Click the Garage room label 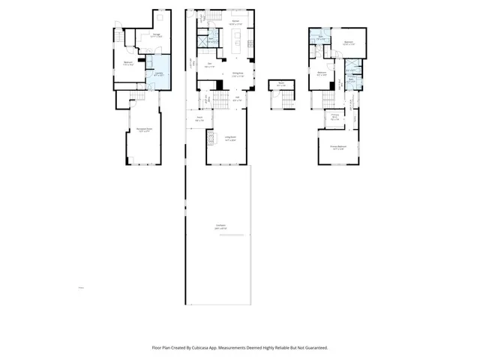[x=156, y=35]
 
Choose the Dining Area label [x=238, y=73]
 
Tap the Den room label [x=211, y=65]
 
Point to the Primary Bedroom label [x=337, y=148]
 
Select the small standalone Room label [x=280, y=84]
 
